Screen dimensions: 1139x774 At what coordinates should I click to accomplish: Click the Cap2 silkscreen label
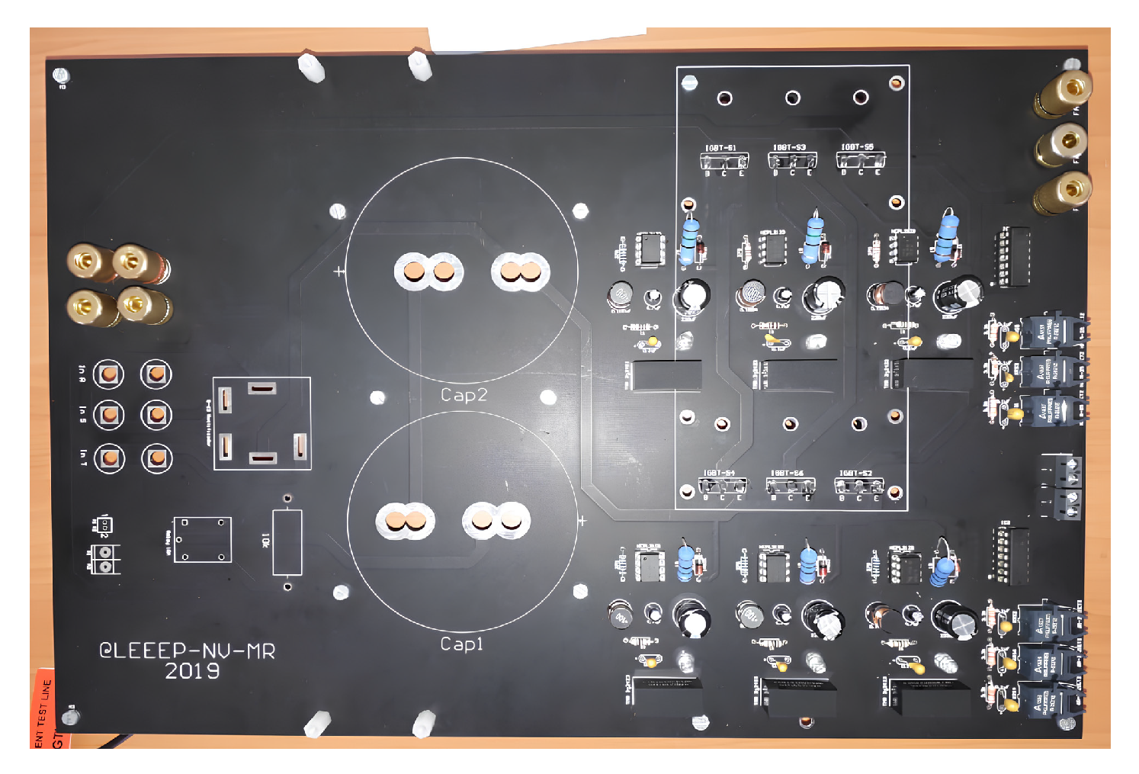464,395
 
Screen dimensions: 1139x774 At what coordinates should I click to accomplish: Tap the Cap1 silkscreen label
462,644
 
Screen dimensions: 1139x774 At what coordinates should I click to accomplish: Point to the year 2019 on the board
192,671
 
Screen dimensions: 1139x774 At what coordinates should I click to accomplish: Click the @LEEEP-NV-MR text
187,650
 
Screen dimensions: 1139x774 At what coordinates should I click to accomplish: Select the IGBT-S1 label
720,148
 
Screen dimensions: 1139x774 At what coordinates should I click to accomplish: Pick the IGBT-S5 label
858,147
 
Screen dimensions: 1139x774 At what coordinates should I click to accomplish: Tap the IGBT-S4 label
720,474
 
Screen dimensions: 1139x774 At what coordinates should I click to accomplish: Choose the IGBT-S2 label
856,474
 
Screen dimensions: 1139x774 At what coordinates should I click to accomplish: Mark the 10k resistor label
265,541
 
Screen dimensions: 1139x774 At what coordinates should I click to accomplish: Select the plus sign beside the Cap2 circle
339,271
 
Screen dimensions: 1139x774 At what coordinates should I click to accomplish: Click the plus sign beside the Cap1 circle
582,521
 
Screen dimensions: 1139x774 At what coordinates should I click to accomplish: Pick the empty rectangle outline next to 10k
287,542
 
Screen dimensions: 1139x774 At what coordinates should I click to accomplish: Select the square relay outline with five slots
261,423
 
